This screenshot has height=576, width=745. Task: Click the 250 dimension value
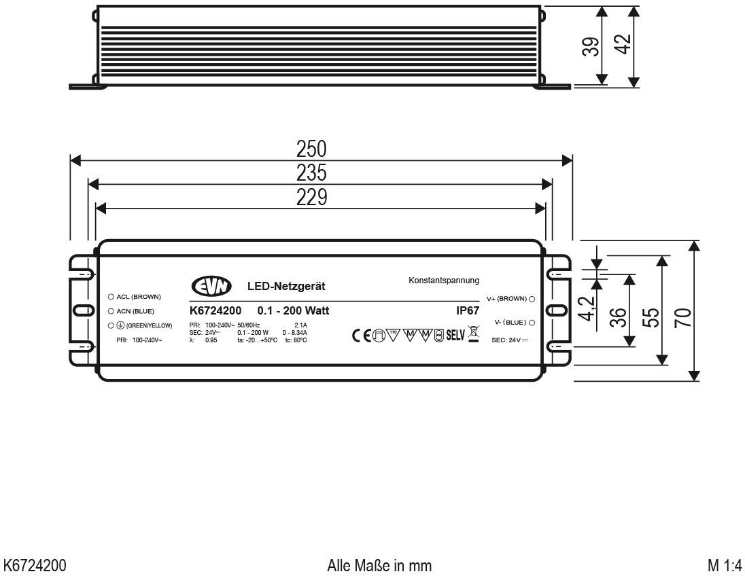(311, 149)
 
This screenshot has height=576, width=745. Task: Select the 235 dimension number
(311, 173)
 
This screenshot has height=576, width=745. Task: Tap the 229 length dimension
(311, 197)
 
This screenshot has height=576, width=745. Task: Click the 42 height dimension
(623, 46)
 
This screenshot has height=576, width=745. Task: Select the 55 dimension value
(650, 317)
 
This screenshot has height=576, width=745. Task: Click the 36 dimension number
(617, 317)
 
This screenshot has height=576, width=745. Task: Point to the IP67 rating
(467, 310)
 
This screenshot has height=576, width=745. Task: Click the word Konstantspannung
(444, 280)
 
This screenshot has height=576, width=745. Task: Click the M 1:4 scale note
(723, 565)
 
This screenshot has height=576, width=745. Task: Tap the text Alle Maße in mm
(379, 565)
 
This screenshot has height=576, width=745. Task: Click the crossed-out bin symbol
(473, 334)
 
